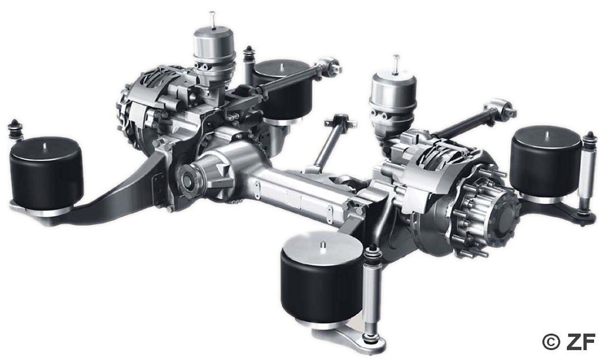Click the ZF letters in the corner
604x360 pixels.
tap(581, 341)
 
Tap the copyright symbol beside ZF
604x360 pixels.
tap(551, 342)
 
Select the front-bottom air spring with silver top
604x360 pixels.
tap(322, 279)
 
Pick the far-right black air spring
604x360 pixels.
tap(546, 162)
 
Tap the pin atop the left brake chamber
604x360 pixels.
tap(212, 20)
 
